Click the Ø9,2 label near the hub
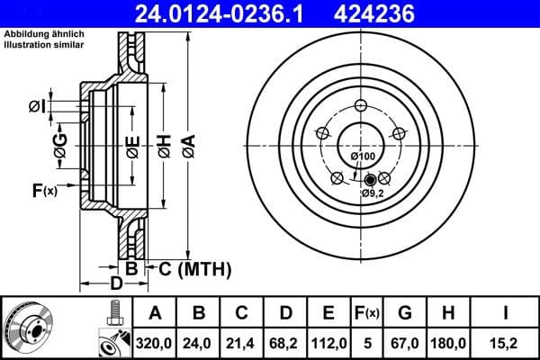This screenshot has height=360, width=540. tap(373, 193)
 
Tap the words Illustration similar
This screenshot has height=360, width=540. tap(43, 43)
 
